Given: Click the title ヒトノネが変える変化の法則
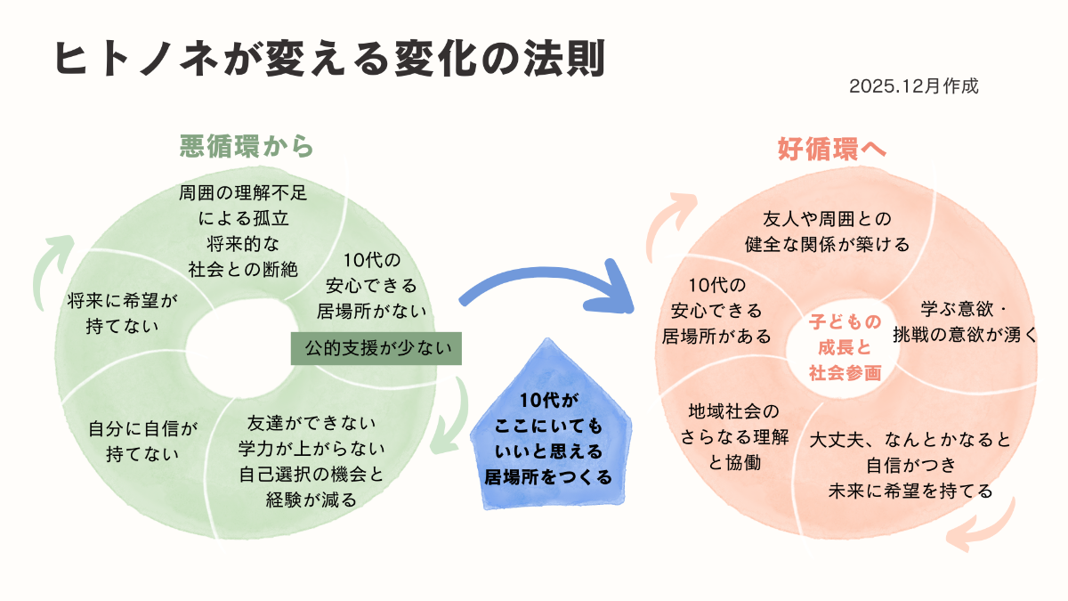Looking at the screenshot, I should click(329, 61).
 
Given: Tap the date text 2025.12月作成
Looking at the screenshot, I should click(913, 87).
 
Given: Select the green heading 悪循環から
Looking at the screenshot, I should click(247, 146).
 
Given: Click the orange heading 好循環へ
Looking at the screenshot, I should click(832, 149).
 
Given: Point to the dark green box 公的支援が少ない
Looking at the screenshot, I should click(378, 348).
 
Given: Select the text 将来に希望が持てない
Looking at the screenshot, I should click(123, 313).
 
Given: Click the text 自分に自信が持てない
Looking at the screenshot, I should click(142, 440).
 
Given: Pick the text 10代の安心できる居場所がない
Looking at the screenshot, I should click(371, 286).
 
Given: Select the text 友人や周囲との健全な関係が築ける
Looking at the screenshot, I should click(827, 231).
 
